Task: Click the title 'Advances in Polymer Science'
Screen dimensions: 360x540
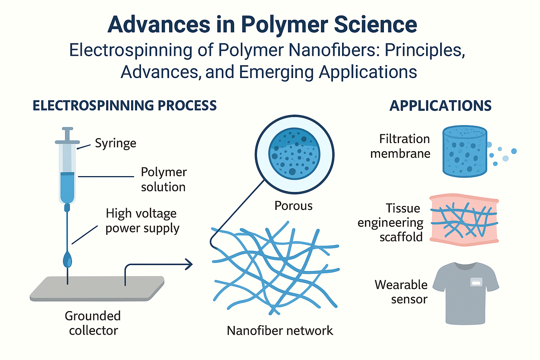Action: tap(262, 25)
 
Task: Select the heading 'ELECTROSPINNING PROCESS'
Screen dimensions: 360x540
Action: tap(124, 106)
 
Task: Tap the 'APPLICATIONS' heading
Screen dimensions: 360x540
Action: tap(440, 106)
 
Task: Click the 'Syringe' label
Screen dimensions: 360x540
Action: tap(115, 143)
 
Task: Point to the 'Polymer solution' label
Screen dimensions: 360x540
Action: tap(163, 179)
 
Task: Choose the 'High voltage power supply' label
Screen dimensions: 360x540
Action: tap(142, 221)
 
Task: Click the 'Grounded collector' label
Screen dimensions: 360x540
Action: tap(93, 323)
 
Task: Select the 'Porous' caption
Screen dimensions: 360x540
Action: tap(293, 206)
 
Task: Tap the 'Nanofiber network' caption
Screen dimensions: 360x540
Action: tap(280, 330)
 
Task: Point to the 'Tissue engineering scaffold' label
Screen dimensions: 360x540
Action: tap(391, 223)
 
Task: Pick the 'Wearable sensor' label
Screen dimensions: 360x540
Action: tap(401, 292)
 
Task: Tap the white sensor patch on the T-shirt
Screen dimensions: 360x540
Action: tap(476, 282)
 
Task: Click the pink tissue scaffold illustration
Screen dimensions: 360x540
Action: tap(464, 219)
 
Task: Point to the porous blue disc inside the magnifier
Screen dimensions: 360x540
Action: tap(294, 154)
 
